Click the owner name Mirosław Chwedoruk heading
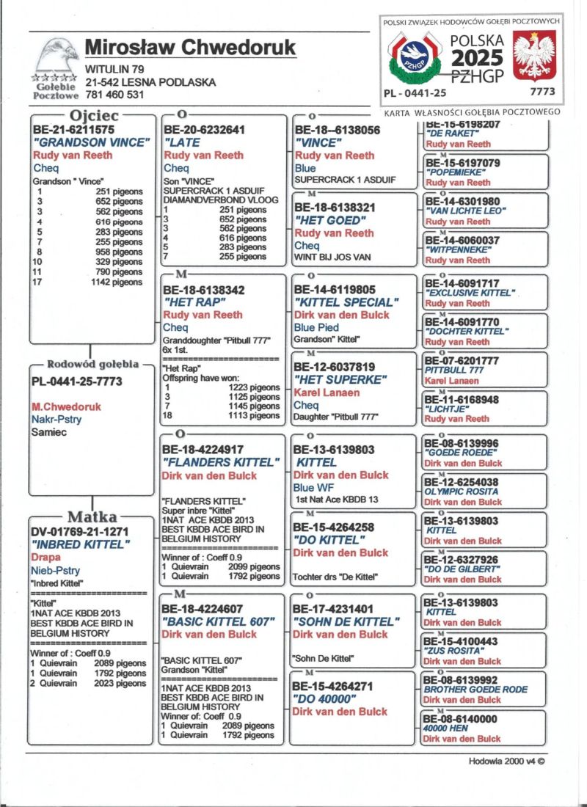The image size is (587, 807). coord(190,48)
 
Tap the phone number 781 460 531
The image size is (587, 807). coord(114,95)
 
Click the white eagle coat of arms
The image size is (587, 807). coord(533,56)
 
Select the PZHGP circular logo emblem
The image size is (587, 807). coord(415,56)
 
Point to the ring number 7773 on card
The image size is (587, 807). coord(542,92)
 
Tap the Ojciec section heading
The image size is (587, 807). coord(93,116)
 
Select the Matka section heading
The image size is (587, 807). coord(93,516)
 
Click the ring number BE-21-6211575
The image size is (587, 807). coord(73,130)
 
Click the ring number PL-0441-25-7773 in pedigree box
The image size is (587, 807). coord(76,381)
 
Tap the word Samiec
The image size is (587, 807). coord(49,432)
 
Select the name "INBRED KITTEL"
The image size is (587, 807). coord(80,544)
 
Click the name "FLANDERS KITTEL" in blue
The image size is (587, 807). coord(221,462)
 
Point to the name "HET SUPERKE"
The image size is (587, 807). coord(339,379)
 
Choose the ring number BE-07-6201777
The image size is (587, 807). coord(462,361)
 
